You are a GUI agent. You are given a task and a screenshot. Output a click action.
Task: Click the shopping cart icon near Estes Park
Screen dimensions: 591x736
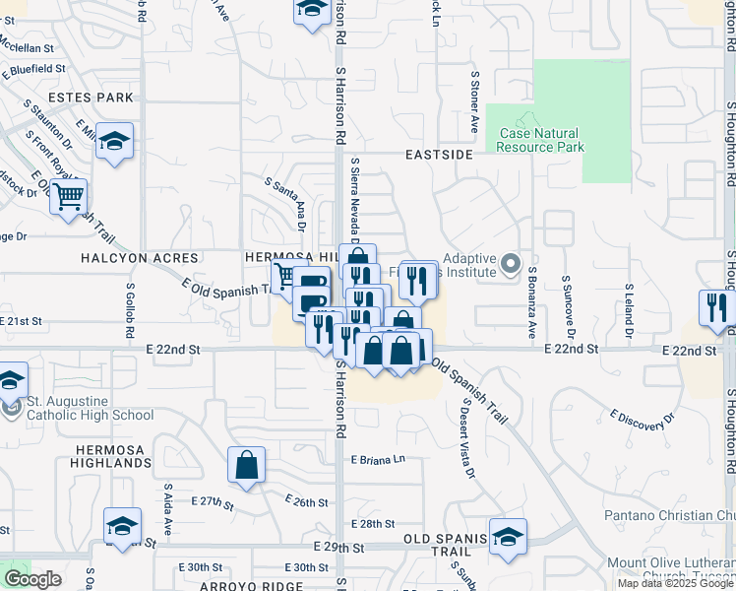pos(68,197)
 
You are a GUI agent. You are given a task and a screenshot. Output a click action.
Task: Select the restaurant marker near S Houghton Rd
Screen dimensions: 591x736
pos(715,307)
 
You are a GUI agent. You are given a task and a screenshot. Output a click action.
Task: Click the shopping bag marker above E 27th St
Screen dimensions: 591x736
pos(246,465)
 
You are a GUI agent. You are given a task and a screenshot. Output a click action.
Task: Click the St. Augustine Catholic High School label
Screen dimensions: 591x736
pos(91,409)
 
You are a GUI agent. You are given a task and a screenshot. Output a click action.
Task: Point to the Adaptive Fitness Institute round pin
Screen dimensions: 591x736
pos(510,264)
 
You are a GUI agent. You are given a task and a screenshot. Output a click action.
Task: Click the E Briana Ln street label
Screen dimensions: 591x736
pos(378,460)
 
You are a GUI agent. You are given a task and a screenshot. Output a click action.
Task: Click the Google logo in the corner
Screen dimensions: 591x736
pos(32,579)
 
